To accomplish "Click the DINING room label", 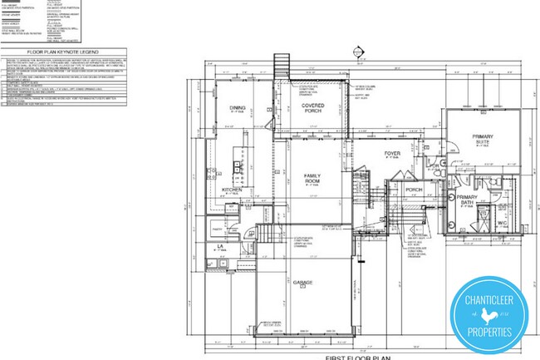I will [x=237, y=108].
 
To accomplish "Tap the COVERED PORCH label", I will [x=312, y=107].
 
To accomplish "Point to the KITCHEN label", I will [x=232, y=190].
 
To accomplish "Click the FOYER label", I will [x=392, y=155].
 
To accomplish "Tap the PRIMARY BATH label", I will [x=465, y=200].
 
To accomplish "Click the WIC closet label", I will [x=502, y=223].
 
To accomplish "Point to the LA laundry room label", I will [x=220, y=247].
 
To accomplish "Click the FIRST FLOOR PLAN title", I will [x=359, y=355].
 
